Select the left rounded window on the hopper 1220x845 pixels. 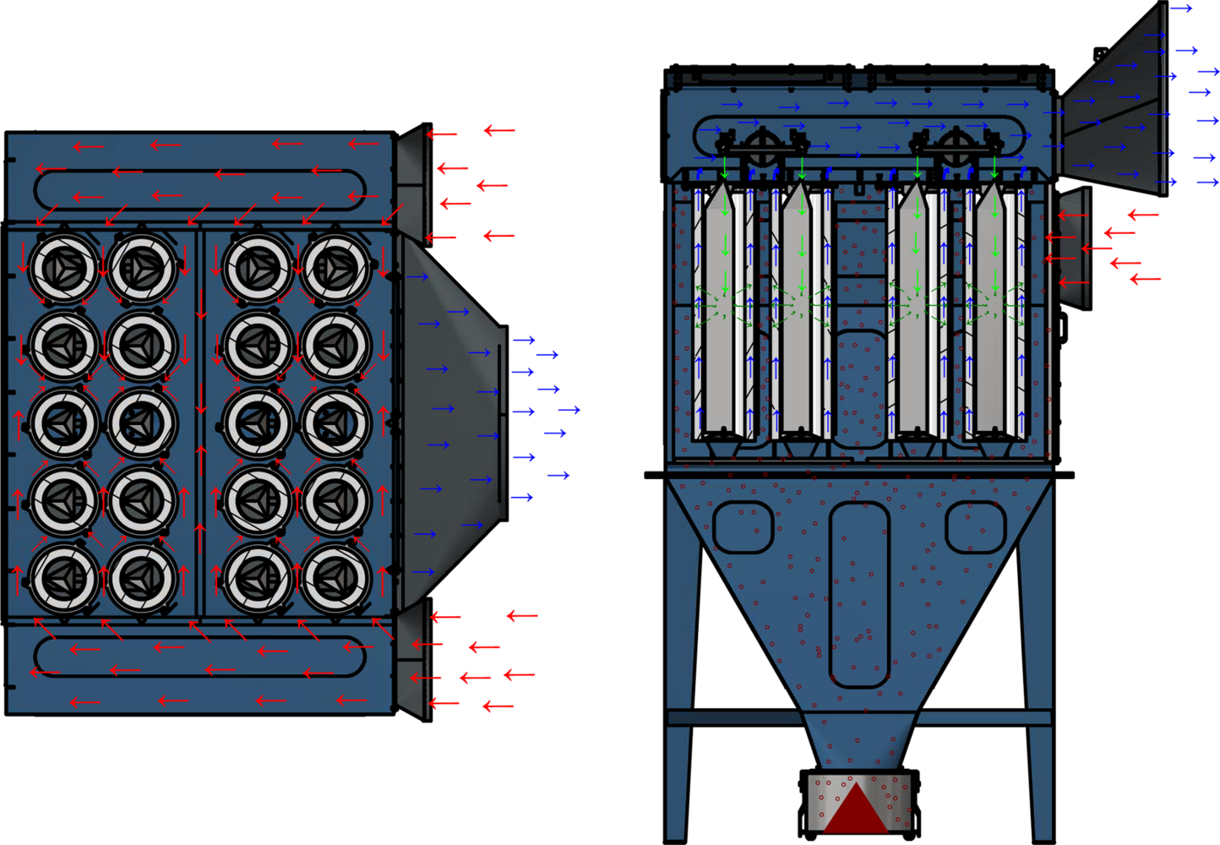(x=743, y=527)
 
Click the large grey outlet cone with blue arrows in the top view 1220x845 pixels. (x=452, y=422)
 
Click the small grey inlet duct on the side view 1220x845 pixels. (x=1073, y=247)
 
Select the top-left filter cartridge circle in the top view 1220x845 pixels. (x=64, y=269)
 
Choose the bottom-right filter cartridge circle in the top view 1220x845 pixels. (x=335, y=578)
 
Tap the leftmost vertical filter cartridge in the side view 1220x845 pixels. (x=723, y=313)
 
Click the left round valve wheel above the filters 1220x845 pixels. (x=762, y=147)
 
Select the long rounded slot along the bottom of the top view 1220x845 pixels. (x=200, y=657)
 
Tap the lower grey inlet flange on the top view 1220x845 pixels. (x=412, y=663)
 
